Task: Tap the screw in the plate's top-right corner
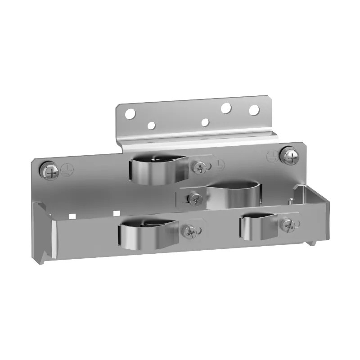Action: click(288, 156)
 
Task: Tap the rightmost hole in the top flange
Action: click(254, 109)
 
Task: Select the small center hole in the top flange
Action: click(205, 122)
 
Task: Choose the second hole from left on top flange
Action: click(151, 126)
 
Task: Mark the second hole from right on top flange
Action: click(226, 108)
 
